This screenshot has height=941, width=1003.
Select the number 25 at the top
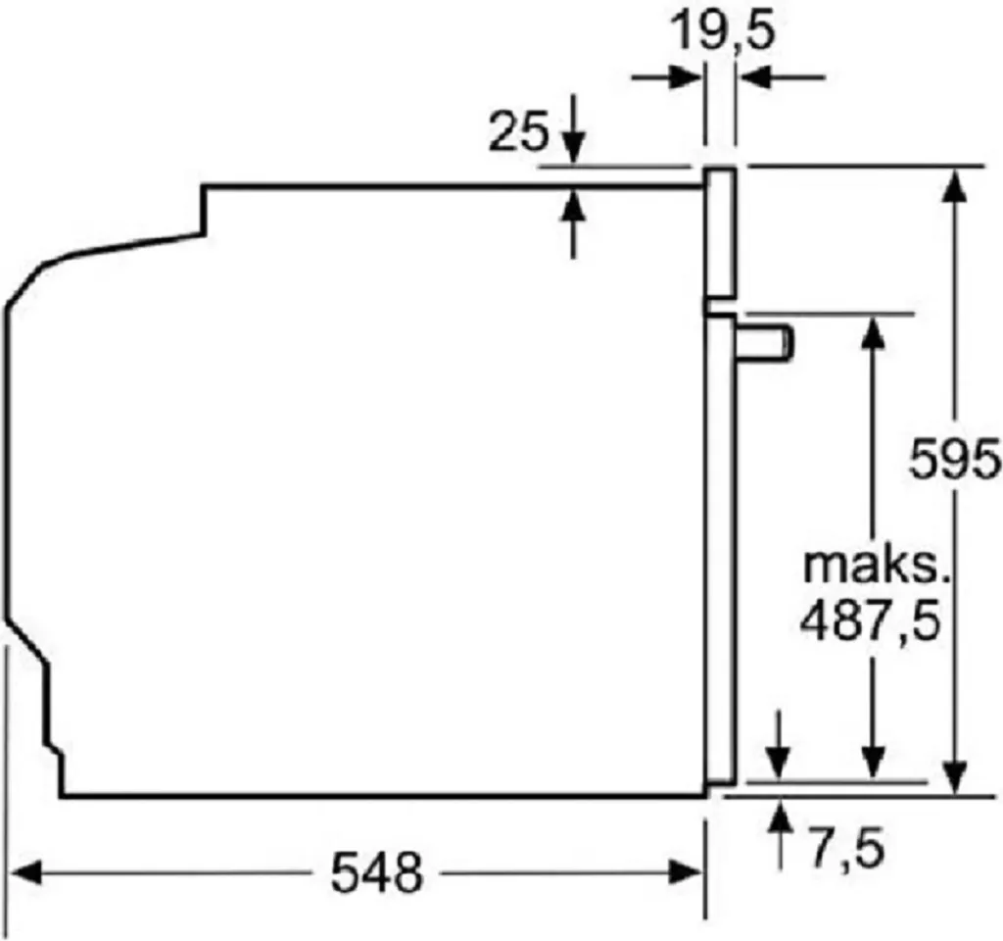pyautogui.click(x=518, y=132)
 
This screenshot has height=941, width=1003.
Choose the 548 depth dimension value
pyautogui.click(x=376, y=871)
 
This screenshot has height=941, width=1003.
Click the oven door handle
pyautogui.click(x=768, y=345)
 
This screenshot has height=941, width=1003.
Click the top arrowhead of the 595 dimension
pyautogui.click(x=955, y=181)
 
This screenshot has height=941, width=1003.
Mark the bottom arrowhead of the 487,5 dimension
pyautogui.click(x=873, y=769)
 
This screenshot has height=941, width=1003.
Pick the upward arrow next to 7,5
pyautogui.click(x=780, y=814)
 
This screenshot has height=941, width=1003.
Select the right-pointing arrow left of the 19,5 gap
pyautogui.click(x=690, y=76)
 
